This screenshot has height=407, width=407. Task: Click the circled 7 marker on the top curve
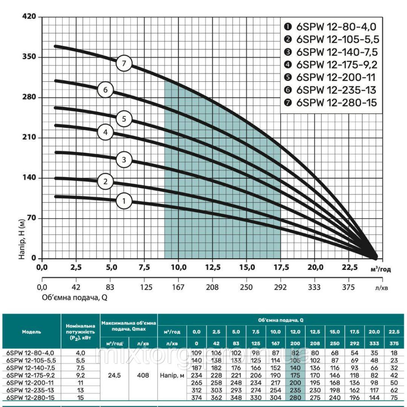124,63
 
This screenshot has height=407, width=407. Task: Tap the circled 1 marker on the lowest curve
124,200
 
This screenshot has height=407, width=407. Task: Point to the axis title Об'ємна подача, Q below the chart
74,297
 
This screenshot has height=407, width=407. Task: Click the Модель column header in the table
31,332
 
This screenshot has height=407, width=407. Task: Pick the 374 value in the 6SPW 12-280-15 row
197,397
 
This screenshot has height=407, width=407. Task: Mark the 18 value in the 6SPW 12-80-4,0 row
394,353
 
